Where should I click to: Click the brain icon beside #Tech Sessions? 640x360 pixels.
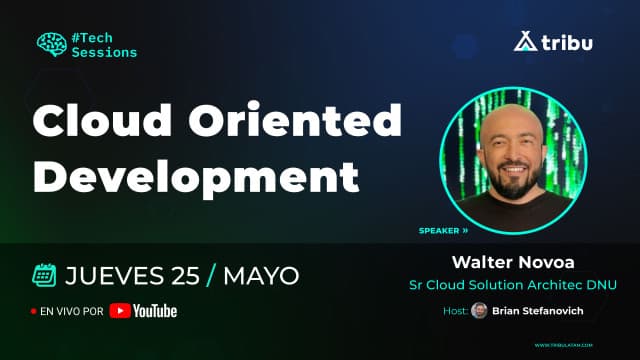pyautogui.click(x=51, y=43)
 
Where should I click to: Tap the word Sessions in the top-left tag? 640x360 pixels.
pyautogui.click(x=104, y=51)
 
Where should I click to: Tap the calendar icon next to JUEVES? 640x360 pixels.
pyautogui.click(x=43, y=274)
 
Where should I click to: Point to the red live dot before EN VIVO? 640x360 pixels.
pyautogui.click(x=34, y=312)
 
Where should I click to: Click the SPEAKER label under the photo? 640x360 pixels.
pyautogui.click(x=440, y=230)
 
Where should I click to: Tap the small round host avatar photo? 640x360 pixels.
pyautogui.click(x=479, y=311)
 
